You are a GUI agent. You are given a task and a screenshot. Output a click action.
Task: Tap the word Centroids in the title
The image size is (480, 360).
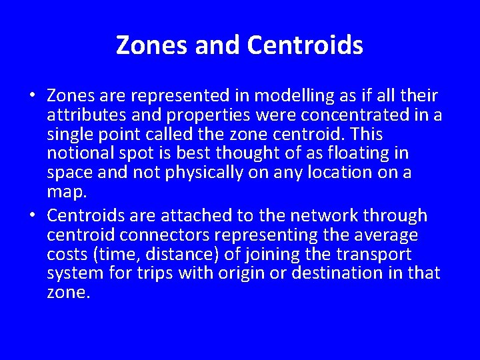(x=305, y=45)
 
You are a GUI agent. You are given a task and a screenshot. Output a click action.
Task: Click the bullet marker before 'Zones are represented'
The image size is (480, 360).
(x=33, y=95)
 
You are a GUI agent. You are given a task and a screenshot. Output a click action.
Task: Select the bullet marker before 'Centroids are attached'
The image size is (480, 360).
(x=33, y=216)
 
